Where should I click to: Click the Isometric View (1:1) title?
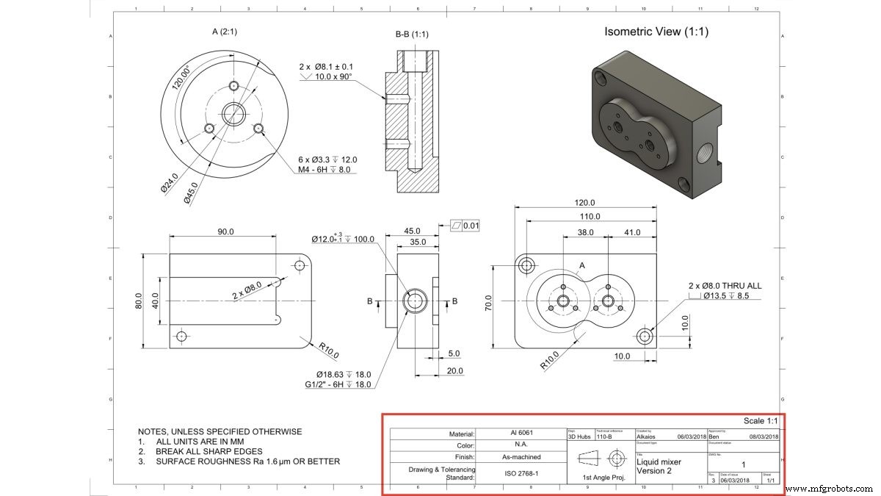coord(656,32)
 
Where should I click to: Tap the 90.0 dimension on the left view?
coord(225,231)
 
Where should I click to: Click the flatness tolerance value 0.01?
coord(470,226)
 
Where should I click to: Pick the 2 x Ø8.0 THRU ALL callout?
coord(723,285)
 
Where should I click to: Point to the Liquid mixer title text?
coord(659,462)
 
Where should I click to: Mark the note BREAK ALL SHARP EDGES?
coord(209,451)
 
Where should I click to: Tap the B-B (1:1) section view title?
coord(412,34)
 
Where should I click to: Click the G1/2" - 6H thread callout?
coord(338,384)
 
